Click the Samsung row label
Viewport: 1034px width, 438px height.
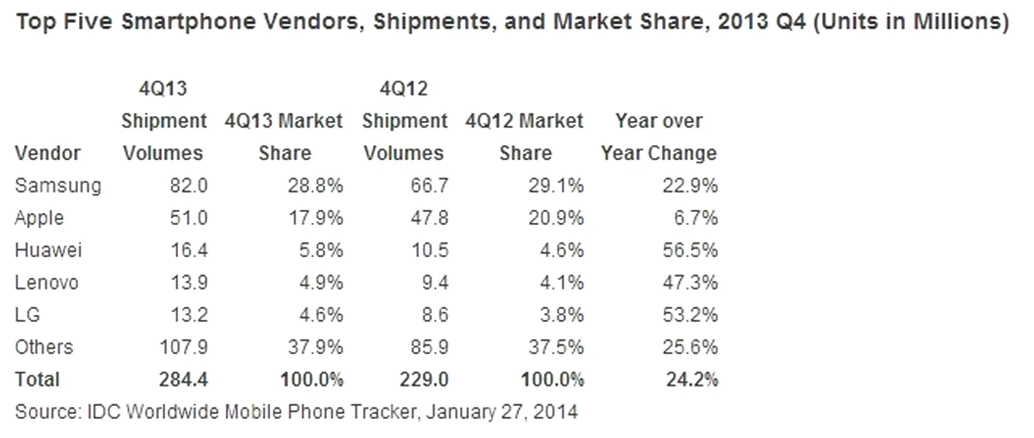click(x=58, y=186)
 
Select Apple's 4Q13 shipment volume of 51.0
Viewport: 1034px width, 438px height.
click(x=188, y=218)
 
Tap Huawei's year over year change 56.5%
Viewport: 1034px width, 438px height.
click(x=690, y=250)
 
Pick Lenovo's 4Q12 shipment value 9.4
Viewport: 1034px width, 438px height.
click(x=435, y=283)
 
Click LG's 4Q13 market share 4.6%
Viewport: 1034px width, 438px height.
click(x=320, y=315)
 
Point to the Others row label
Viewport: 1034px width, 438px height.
click(x=44, y=347)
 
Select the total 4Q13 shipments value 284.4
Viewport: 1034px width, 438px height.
click(x=183, y=379)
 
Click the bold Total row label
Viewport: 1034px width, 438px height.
click(x=37, y=379)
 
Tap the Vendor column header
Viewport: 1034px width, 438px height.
click(x=48, y=153)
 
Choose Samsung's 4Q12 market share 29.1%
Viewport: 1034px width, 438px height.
click(x=555, y=186)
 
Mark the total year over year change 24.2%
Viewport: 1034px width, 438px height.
click(x=692, y=379)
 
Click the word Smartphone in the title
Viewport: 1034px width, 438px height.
click(x=180, y=22)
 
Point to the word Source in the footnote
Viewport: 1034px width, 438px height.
click(x=46, y=412)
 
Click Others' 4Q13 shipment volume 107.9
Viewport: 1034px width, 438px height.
click(x=183, y=347)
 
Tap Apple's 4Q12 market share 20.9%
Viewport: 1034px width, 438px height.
click(x=555, y=218)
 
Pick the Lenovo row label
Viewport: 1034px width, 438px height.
click(x=46, y=283)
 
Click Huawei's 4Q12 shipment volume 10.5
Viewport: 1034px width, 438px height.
click(x=429, y=250)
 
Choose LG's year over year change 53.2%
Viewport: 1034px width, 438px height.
click(x=690, y=315)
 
